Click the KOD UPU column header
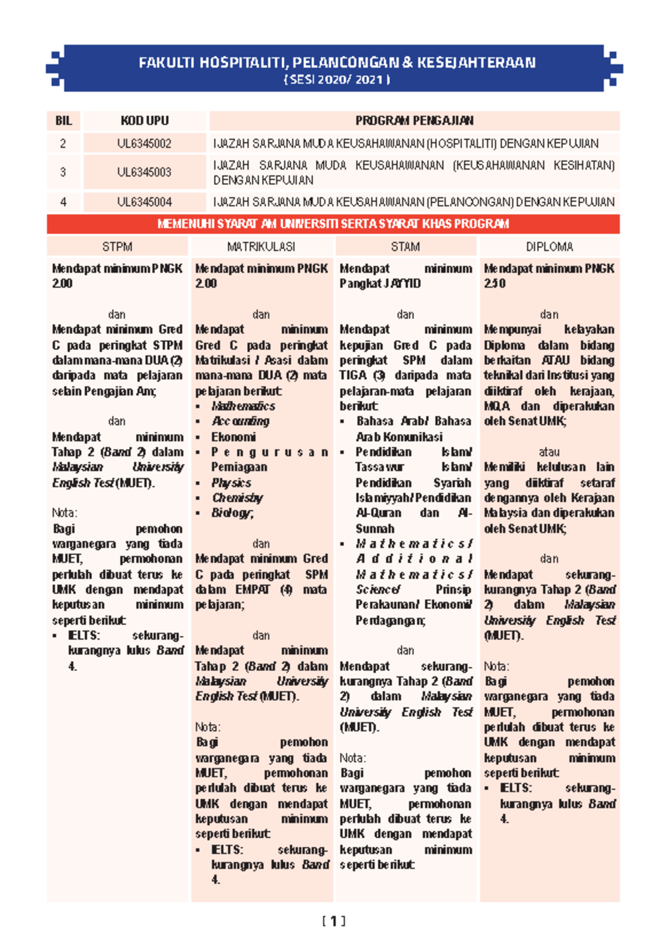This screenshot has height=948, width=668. coord(144,121)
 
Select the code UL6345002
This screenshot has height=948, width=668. coord(144,144)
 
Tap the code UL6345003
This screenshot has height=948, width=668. coord(144,172)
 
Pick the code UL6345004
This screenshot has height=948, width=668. coord(144,202)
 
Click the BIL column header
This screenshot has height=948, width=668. coord(63,121)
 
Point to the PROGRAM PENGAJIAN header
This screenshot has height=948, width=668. coord(414,121)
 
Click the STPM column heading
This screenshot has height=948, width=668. coord(117,247)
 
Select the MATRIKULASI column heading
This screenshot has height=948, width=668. coord(261,247)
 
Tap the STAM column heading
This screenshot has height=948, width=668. coord(405,247)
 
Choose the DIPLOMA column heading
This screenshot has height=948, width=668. coord(549,247)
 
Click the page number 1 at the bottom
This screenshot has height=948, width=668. coord(333,921)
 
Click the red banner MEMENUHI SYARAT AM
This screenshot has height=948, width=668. coord(333,224)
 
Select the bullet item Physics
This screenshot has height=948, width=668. coord(231,482)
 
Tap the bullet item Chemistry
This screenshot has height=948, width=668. coord(237,497)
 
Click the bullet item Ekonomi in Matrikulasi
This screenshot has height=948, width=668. coord(233,437)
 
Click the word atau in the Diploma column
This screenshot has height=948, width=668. coord(549,452)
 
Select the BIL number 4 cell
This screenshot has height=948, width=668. coord(63,202)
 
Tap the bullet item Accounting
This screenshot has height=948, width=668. coord(240,421)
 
